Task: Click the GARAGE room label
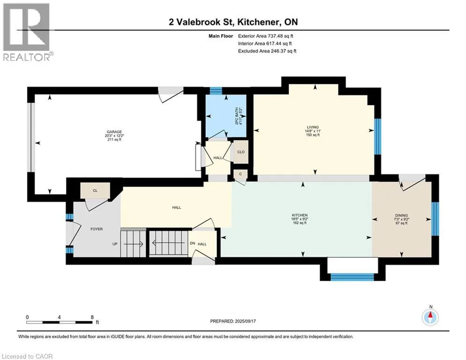point(114,132)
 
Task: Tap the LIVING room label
point(313,127)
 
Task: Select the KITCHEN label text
point(300,215)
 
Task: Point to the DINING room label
point(401,216)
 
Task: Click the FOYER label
point(96,229)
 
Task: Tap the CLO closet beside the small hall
point(241,152)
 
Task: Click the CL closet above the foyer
point(95,190)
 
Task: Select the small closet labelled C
point(240,174)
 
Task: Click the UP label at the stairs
point(115,244)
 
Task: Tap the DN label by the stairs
point(192,243)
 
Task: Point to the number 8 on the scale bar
point(92,317)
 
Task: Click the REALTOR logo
point(27,32)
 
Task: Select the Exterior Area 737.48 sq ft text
point(266,36)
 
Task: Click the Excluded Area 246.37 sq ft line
point(267,51)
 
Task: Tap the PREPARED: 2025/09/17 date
point(233,321)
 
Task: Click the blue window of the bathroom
point(216,90)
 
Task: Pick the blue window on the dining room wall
point(435,219)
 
